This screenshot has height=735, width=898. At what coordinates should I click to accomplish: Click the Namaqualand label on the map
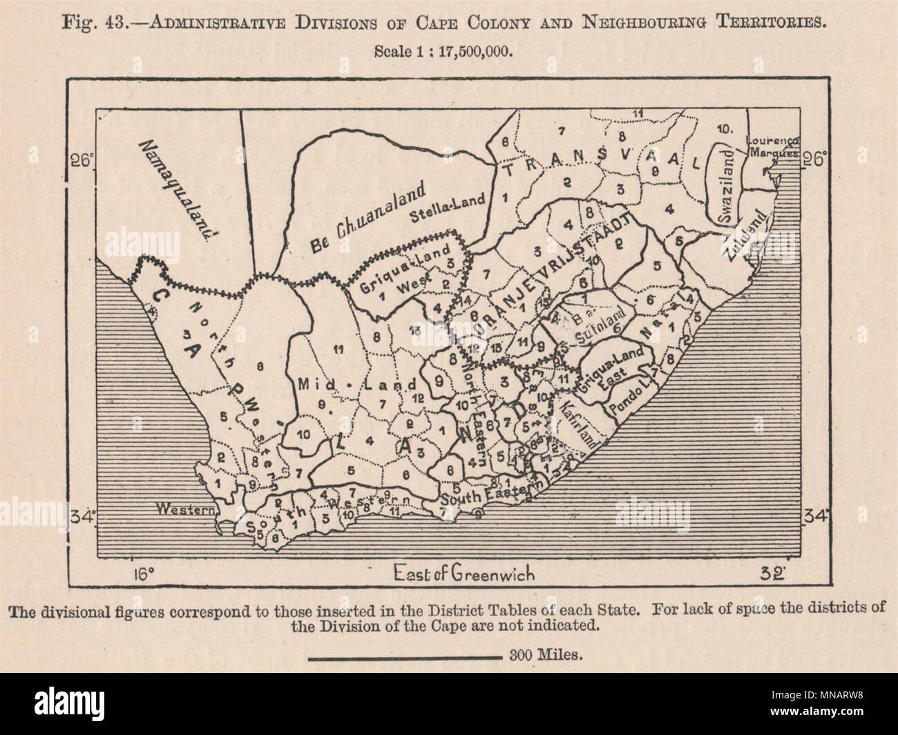pyautogui.click(x=175, y=188)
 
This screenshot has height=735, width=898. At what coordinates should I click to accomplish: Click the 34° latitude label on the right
pyautogui.click(x=812, y=515)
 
